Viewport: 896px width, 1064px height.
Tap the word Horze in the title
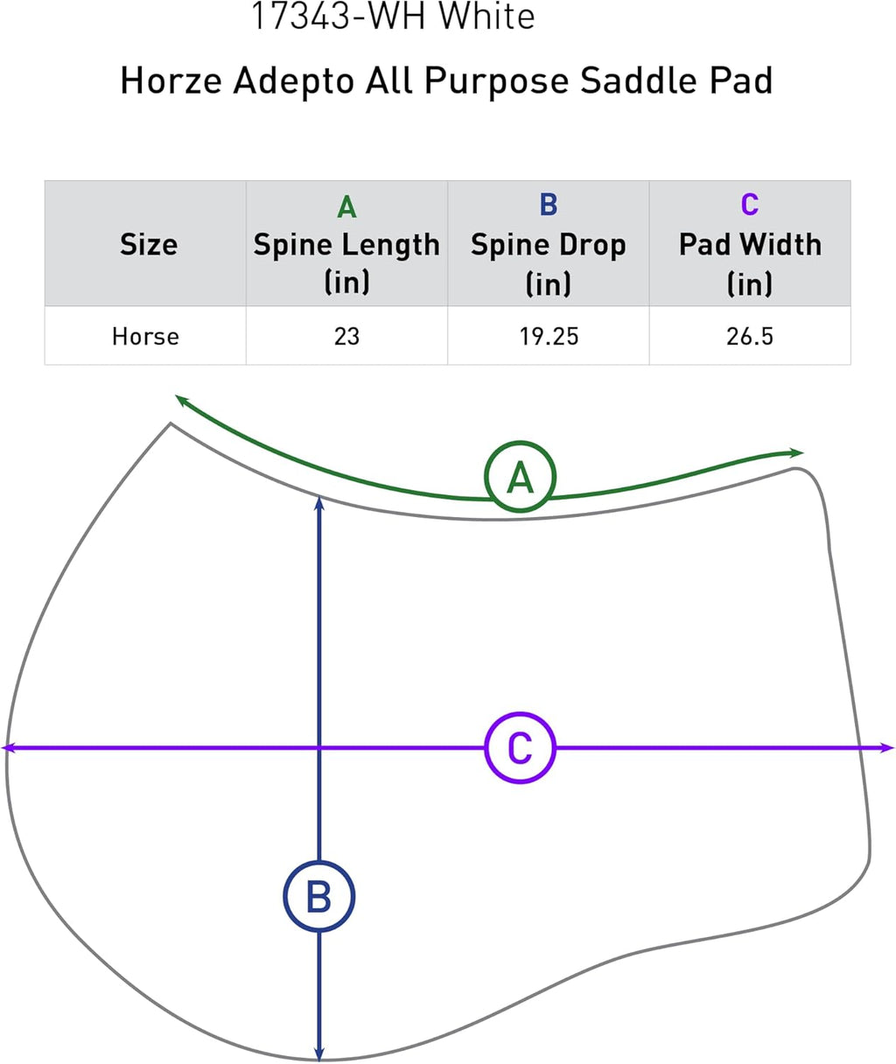point(171,80)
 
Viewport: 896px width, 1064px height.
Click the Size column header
point(149,244)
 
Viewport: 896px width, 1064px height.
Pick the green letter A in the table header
point(346,206)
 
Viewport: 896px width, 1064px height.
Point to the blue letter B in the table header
point(549,206)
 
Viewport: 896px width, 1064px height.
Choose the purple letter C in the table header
point(750,206)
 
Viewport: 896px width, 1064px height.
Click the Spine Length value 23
point(346,337)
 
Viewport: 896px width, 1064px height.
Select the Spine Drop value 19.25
point(549,337)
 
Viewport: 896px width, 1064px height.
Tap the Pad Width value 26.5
point(750,337)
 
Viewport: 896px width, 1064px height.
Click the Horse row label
point(146,337)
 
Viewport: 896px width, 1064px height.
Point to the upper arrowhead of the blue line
point(319,502)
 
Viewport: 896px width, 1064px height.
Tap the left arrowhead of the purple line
point(8,748)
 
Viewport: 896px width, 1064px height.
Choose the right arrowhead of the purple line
point(887,748)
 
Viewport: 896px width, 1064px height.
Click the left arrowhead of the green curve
point(181,400)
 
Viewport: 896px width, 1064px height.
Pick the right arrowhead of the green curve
point(796,452)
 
